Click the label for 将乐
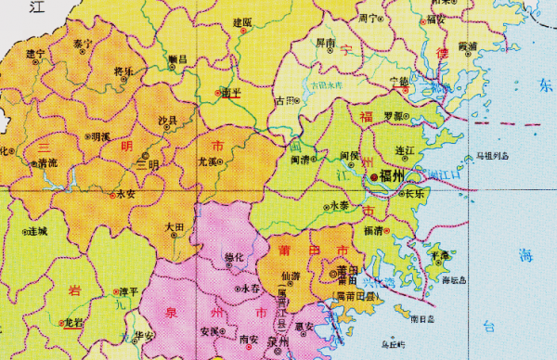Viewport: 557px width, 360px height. click(x=123, y=71)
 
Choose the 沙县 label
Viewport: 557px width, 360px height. click(x=168, y=121)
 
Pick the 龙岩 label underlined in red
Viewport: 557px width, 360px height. click(x=73, y=321)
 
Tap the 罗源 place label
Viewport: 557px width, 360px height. click(x=395, y=116)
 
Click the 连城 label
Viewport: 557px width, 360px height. click(x=37, y=230)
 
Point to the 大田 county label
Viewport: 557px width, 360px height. click(x=175, y=226)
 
